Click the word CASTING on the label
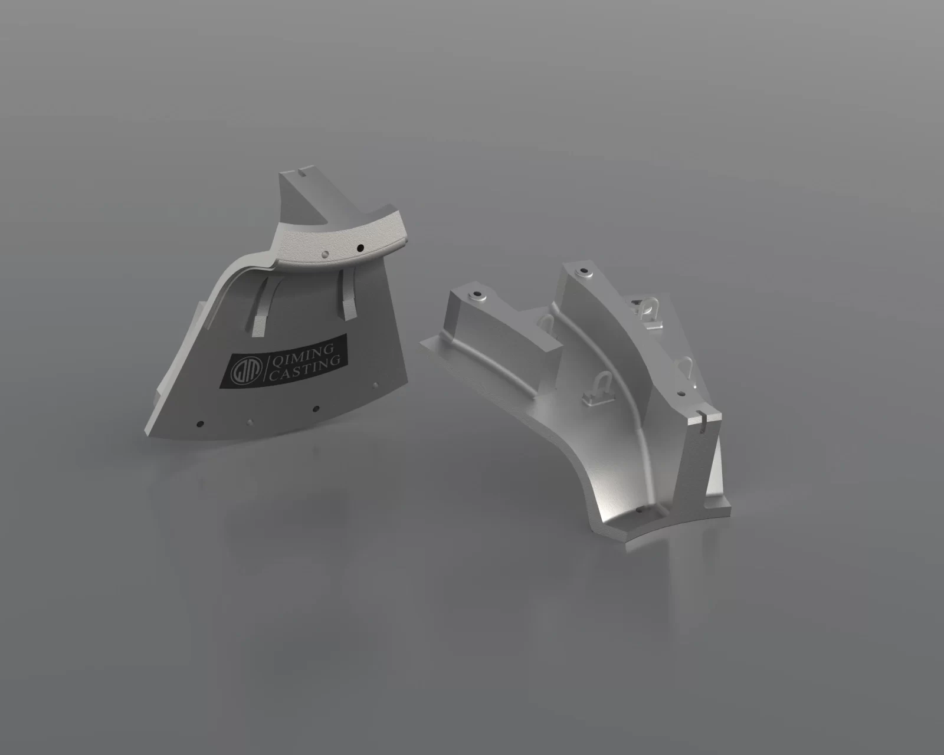click(304, 368)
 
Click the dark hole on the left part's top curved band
click(360, 248)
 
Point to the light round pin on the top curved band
click(325, 254)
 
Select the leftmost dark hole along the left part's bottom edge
click(199, 424)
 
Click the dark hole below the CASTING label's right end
click(315, 409)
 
